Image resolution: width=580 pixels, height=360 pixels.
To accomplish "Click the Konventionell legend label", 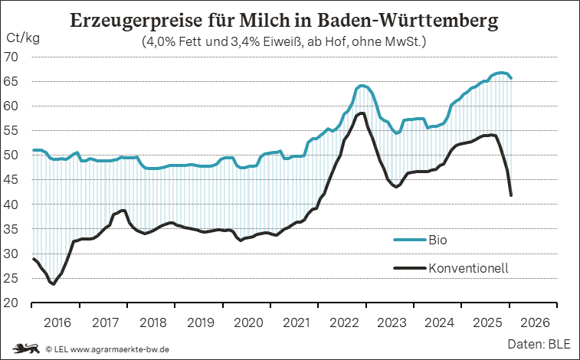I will pyautogui.click(x=469, y=267).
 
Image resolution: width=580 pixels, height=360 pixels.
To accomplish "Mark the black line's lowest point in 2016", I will pyautogui.click(x=53, y=283).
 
